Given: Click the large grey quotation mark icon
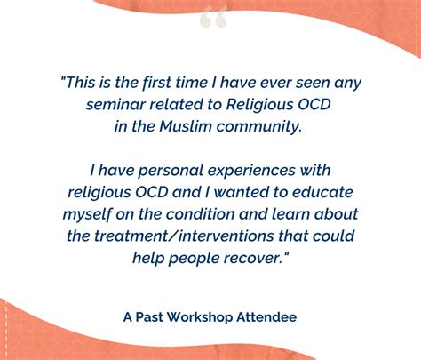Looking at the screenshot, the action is tap(213, 17).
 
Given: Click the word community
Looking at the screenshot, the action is tap(259, 127).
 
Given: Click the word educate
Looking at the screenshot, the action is tap(322, 192).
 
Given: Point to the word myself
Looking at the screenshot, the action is tap(87, 215).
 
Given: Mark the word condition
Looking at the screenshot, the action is tap(201, 214).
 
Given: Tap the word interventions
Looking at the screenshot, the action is tap(226, 236).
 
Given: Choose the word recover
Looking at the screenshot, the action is tap(251, 258).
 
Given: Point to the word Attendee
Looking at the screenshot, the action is tap(266, 317).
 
